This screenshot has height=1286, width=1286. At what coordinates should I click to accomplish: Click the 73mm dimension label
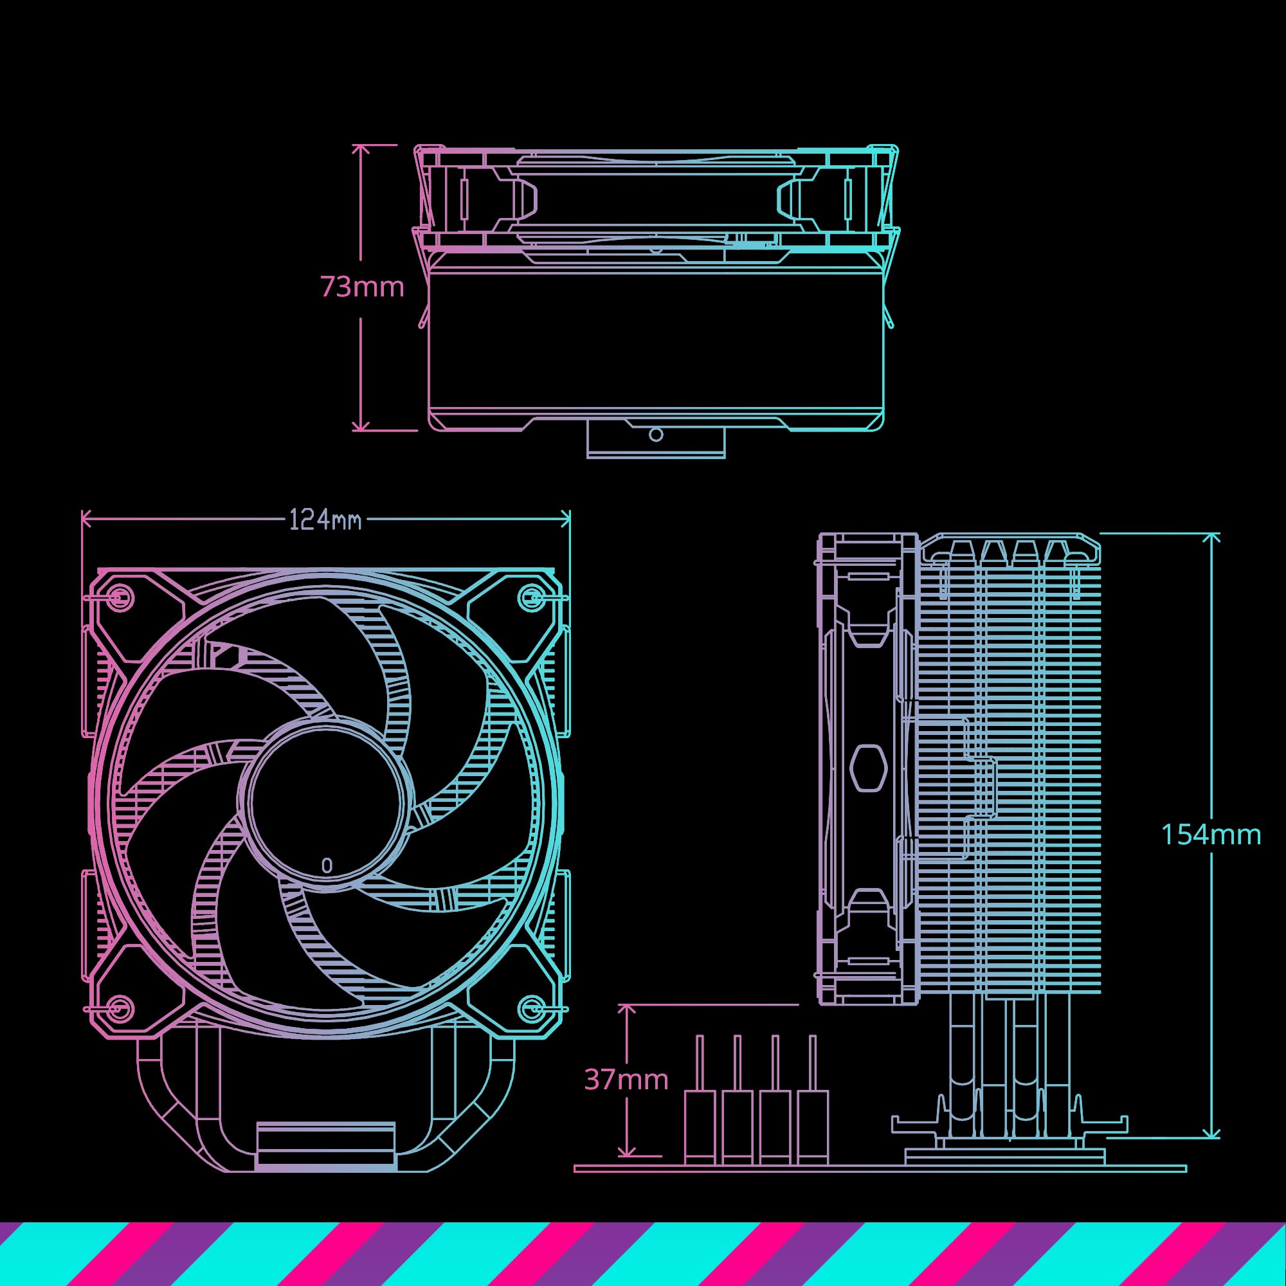pyautogui.click(x=362, y=287)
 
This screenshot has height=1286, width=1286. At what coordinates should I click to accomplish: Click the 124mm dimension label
pyautogui.click(x=325, y=520)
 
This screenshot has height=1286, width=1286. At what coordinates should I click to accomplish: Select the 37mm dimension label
pyautogui.click(x=626, y=1079)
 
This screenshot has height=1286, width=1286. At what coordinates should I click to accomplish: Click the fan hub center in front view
pyautogui.click(x=326, y=802)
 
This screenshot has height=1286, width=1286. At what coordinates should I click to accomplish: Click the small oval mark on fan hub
pyautogui.click(x=326, y=865)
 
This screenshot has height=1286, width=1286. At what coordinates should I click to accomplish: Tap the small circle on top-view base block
pyautogui.click(x=656, y=435)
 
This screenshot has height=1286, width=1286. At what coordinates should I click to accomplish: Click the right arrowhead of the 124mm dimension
pyautogui.click(x=566, y=519)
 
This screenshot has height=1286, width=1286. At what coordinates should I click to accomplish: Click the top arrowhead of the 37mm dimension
pyautogui.click(x=626, y=1010)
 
